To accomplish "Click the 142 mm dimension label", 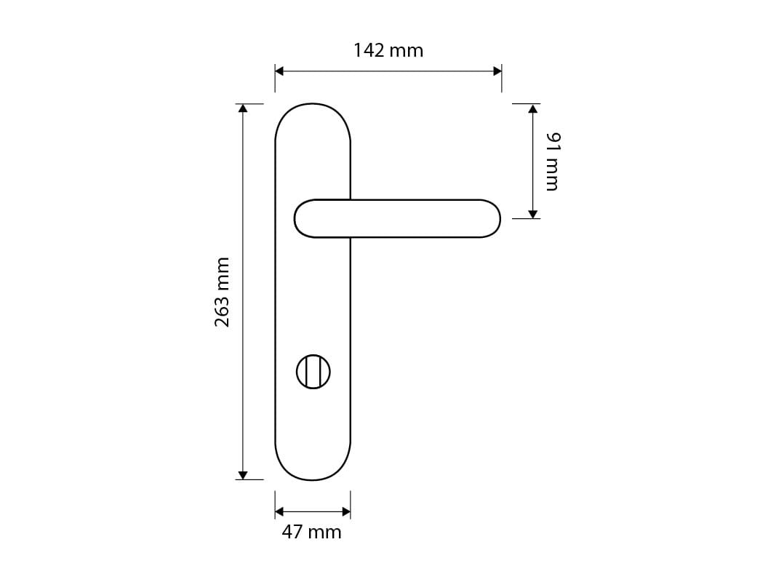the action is [388, 50].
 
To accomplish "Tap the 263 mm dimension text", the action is [223, 292].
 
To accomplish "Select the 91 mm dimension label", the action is [553, 162].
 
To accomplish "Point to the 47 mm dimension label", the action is [312, 532].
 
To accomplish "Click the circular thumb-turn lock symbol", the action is [313, 372].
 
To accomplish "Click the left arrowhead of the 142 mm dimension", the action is [279, 71].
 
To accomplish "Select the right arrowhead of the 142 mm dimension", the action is [497, 71].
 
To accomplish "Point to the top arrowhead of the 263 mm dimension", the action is [242, 108].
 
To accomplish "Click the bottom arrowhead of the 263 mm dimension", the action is [242, 475].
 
